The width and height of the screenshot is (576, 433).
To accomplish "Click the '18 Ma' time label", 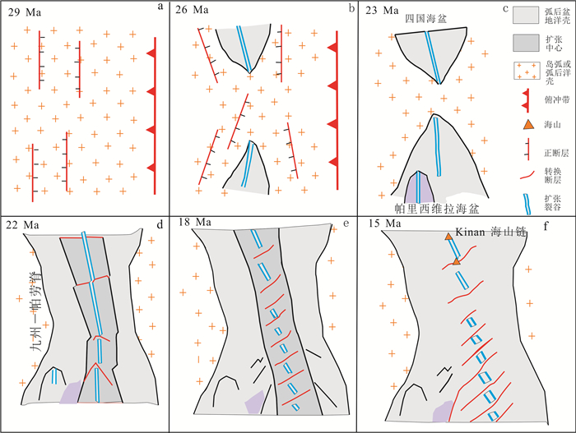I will pos(193,223).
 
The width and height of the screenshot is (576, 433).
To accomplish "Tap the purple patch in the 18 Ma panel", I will pos(257,403).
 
